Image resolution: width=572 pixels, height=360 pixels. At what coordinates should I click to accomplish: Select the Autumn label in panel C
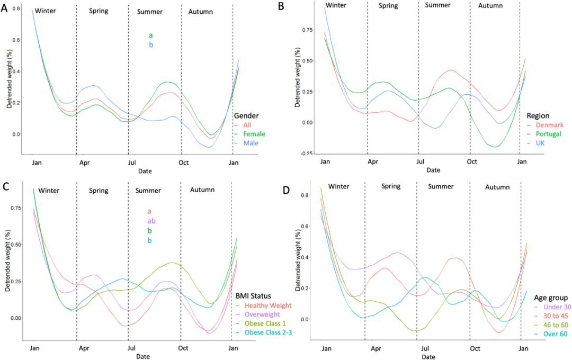(x=199, y=190)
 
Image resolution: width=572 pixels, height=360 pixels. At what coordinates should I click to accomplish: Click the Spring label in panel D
(x=390, y=186)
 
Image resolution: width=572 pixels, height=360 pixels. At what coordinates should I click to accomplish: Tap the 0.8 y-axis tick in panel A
(x=16, y=9)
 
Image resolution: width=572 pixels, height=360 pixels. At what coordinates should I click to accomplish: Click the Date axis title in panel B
(x=433, y=170)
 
